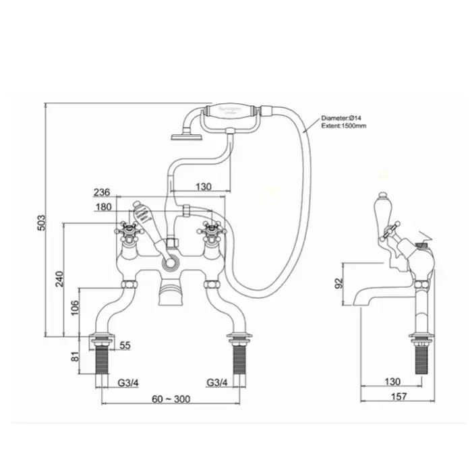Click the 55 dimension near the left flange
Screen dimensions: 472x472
124,345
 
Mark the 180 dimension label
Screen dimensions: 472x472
105,207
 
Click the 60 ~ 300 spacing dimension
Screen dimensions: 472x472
170,399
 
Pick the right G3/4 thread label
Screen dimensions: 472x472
218,383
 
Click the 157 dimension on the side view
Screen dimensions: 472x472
399,396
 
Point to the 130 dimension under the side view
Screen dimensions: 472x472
392,382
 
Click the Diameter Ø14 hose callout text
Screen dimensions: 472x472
343,117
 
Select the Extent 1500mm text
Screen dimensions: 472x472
344,125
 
